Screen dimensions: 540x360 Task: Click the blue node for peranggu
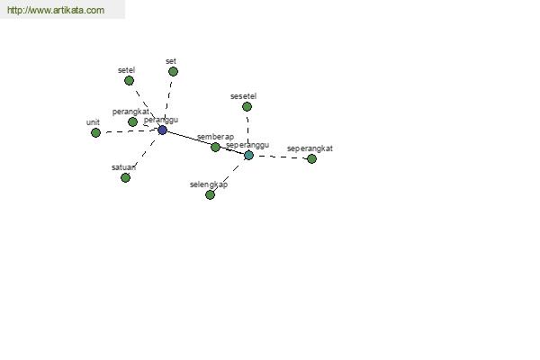pos(163,130)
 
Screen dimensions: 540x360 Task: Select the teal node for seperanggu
pos(248,155)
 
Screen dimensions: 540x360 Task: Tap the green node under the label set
pos(173,72)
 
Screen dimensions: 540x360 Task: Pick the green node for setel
pos(129,81)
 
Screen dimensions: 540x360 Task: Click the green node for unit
pos(95,132)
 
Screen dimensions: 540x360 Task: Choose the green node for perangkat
pos(132,121)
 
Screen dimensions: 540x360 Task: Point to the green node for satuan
pos(125,178)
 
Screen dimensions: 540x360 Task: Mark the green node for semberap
pos(215,147)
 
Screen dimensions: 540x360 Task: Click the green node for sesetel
pos(247,107)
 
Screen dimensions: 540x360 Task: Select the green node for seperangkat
pos(311,158)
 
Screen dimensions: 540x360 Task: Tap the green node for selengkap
pos(210,195)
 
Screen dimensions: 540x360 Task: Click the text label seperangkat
pos(310,148)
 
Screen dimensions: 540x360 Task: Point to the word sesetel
pos(244,96)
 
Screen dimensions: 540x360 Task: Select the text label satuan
pos(123,167)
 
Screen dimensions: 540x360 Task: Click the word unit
pos(93,122)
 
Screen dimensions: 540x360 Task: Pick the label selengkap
pos(209,184)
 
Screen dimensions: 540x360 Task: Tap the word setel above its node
pos(126,70)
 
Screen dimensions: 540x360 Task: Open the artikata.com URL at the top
pos(56,10)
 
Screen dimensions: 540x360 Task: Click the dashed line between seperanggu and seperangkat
pos(280,157)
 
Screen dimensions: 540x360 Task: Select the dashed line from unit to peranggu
pos(129,131)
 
